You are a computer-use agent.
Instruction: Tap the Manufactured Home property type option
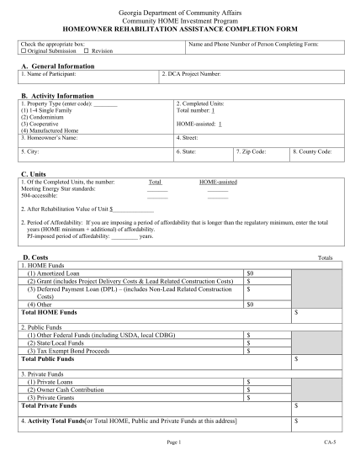pyautogui.click(x=50, y=130)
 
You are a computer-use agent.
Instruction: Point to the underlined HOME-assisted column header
pyautogui.click(x=218, y=182)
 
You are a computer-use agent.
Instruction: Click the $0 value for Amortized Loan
pyautogui.click(x=250, y=273)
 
